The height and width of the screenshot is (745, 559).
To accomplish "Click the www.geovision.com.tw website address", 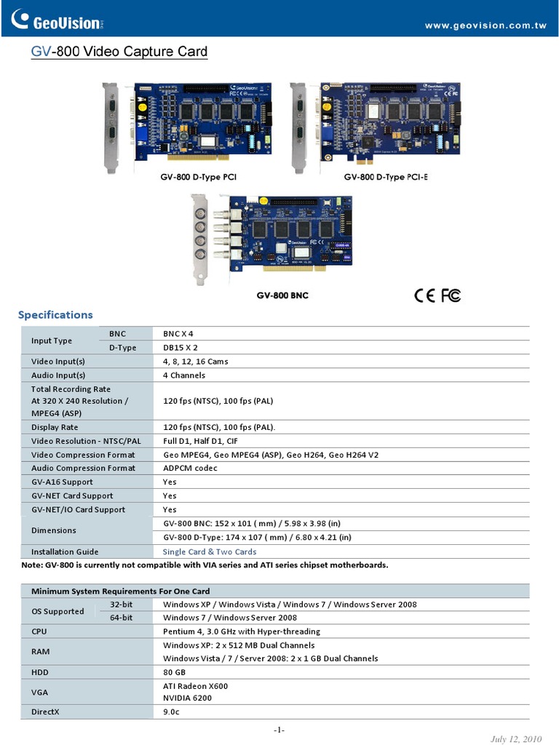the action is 485,25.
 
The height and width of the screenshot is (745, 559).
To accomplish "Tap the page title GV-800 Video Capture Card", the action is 119,52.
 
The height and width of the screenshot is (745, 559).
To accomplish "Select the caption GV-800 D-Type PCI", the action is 199,177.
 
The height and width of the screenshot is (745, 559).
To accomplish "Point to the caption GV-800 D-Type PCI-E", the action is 386,177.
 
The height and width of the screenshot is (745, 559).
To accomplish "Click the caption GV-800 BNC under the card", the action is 282,295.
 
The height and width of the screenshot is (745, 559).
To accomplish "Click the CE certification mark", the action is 424,295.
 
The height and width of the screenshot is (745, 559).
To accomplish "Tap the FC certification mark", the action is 451,295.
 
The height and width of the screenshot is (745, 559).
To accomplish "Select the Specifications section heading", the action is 55,315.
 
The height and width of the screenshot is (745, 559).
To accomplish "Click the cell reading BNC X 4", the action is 178,334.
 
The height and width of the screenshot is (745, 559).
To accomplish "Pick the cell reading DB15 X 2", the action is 181,348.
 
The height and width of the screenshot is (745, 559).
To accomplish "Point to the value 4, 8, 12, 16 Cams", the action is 196,362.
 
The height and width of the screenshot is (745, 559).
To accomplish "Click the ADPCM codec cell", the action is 190,469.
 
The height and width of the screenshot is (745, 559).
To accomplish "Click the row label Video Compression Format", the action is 83,455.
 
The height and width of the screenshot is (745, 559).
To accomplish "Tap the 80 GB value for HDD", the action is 175,672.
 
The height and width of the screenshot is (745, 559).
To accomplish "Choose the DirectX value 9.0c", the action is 171,712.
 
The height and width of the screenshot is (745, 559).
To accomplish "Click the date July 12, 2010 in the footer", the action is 517,739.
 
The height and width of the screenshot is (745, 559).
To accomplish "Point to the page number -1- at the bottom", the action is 279,730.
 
